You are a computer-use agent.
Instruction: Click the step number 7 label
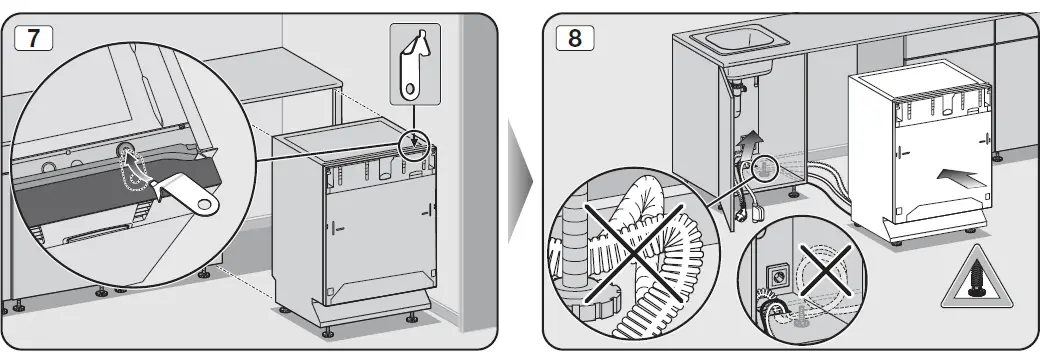(x=32, y=37)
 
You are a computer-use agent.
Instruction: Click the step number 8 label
(x=573, y=37)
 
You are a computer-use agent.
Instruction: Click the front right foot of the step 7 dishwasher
(x=413, y=317)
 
